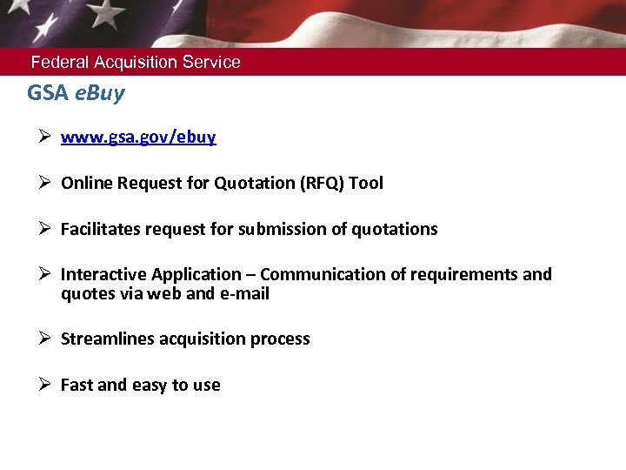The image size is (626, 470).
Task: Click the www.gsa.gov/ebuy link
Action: click(138, 138)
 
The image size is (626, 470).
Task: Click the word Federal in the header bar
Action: click(60, 63)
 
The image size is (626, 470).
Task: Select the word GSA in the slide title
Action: click(47, 93)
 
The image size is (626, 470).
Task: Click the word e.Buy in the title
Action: click(99, 93)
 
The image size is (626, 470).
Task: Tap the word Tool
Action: click(366, 184)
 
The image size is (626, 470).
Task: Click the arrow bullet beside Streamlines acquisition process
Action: click(45, 339)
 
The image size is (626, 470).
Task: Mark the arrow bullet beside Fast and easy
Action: click(45, 385)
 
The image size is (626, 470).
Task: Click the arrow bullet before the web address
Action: click(45, 137)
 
